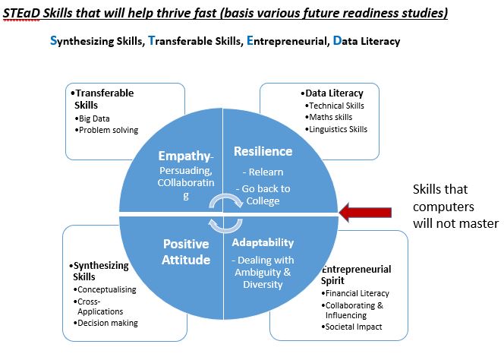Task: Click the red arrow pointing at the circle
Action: tap(365, 213)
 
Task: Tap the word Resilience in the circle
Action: tap(263, 151)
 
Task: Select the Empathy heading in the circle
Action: tap(186, 156)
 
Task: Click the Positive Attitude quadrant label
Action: tap(186, 251)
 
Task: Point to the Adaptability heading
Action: tap(263, 242)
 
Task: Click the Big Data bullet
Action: tap(93, 118)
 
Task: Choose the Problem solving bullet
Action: tap(106, 130)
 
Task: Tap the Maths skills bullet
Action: tap(329, 117)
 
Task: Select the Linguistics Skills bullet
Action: tap(336, 129)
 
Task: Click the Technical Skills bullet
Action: tap(334, 106)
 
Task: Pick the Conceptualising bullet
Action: tap(105, 289)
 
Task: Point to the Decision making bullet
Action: tap(106, 323)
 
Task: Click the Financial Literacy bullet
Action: tap(355, 293)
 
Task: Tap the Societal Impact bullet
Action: tap(351, 327)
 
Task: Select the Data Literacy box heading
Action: tap(332, 93)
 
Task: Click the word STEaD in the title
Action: tap(21, 13)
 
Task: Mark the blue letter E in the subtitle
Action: tap(250, 40)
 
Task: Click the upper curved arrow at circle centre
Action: tap(225, 200)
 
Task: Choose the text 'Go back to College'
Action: tap(263, 194)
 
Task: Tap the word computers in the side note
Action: tap(443, 207)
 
